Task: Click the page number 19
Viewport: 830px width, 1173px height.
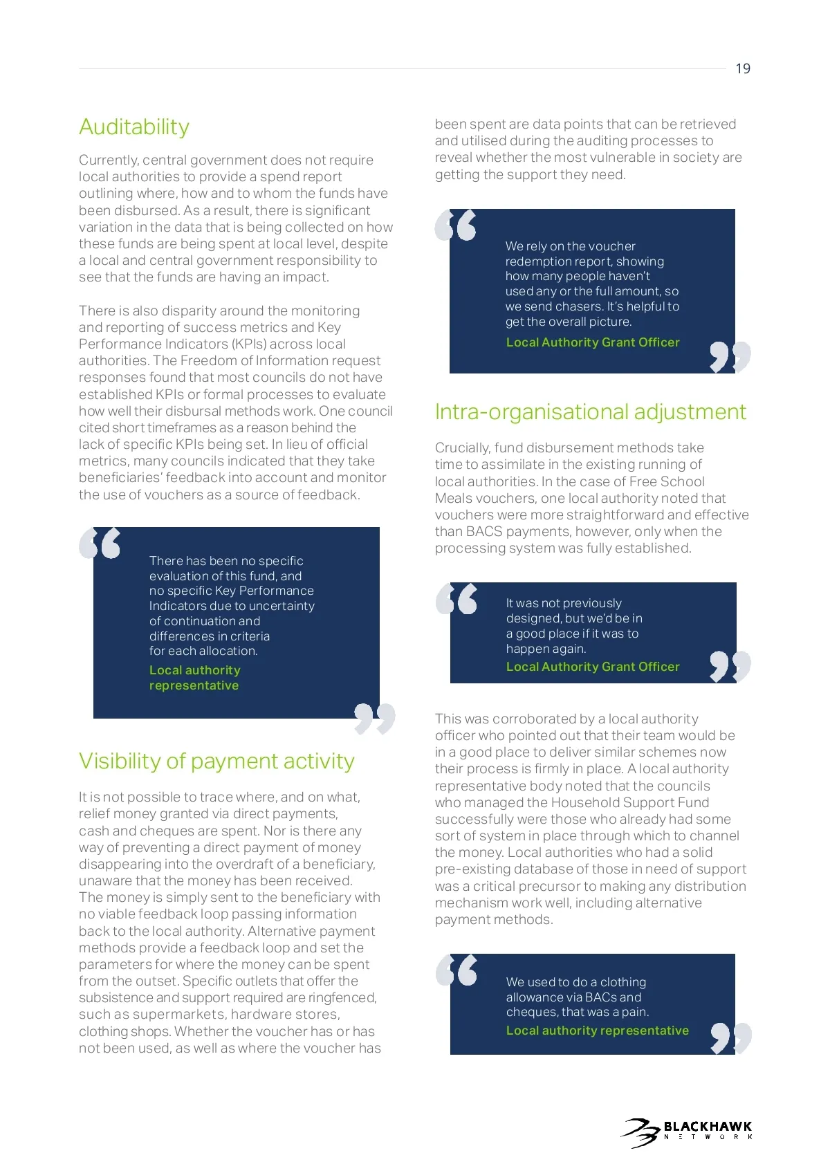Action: pyautogui.click(x=743, y=68)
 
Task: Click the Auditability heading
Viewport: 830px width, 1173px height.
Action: pyautogui.click(x=134, y=127)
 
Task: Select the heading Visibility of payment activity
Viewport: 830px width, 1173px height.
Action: pyautogui.click(x=216, y=761)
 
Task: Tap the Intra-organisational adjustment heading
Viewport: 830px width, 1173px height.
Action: pyautogui.click(x=590, y=412)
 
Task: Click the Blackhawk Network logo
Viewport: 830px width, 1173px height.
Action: pyautogui.click(x=687, y=1133)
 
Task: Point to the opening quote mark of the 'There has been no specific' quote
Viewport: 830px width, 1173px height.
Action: pyautogui.click(x=100, y=543)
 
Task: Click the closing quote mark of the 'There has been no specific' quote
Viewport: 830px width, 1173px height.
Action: pyautogui.click(x=374, y=718)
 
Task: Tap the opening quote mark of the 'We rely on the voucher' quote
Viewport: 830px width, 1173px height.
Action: pyautogui.click(x=455, y=225)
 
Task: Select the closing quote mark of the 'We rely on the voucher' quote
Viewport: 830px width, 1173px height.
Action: pyautogui.click(x=730, y=356)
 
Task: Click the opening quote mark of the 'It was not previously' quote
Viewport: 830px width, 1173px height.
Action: pyautogui.click(x=456, y=599)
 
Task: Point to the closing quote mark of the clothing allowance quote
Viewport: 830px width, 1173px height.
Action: pyautogui.click(x=730, y=1038)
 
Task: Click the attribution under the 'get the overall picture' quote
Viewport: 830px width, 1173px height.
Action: pyautogui.click(x=593, y=342)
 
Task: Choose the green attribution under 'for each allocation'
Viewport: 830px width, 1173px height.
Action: pyautogui.click(x=194, y=678)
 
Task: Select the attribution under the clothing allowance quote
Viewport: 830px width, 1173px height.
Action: pyautogui.click(x=597, y=1031)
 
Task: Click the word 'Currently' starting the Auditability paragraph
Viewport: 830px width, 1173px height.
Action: pyautogui.click(x=108, y=160)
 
